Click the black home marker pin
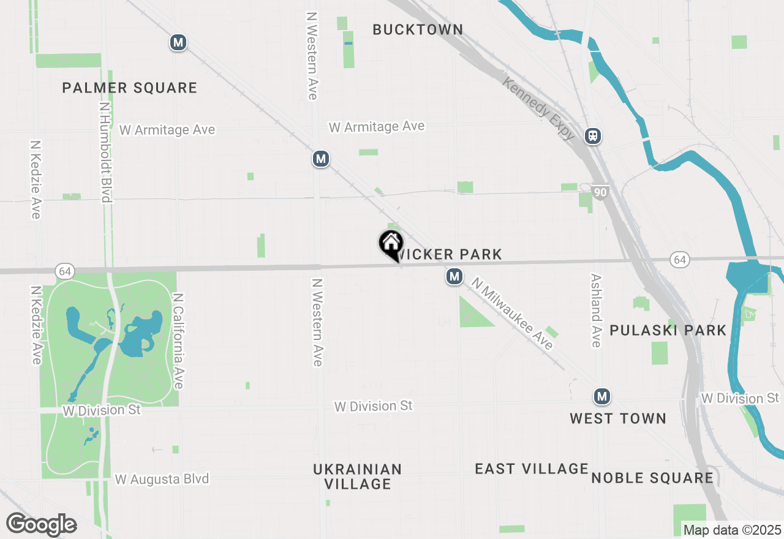(x=391, y=244)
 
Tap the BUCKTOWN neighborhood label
(x=418, y=29)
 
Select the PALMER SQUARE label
(x=130, y=88)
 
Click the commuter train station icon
(x=592, y=136)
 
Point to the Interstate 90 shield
(x=600, y=193)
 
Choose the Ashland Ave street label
(x=596, y=310)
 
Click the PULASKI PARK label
(x=668, y=331)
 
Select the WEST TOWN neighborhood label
(x=617, y=419)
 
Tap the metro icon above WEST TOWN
(x=602, y=397)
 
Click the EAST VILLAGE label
(x=532, y=469)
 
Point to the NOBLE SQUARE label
(x=652, y=478)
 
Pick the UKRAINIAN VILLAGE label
(x=357, y=477)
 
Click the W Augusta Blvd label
(x=162, y=479)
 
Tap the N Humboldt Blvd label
(x=105, y=152)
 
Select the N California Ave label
(x=178, y=341)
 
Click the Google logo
(x=41, y=524)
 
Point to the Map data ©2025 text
(x=732, y=530)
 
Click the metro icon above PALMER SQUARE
(x=178, y=42)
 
